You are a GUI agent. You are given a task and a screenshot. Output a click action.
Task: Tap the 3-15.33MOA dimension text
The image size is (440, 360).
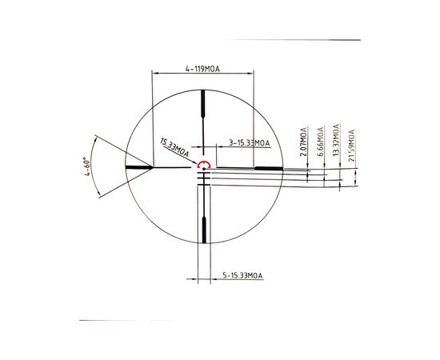(250, 142)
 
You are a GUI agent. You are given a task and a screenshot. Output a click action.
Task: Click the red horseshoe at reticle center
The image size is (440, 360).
(203, 167)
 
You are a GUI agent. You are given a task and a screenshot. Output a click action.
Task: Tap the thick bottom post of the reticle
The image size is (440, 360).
(203, 228)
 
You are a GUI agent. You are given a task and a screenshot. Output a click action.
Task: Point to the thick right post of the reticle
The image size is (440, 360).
(268, 168)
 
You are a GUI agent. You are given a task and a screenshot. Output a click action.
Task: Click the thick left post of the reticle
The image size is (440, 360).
(139, 167)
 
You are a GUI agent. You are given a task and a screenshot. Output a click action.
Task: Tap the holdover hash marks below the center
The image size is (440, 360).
(203, 181)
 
